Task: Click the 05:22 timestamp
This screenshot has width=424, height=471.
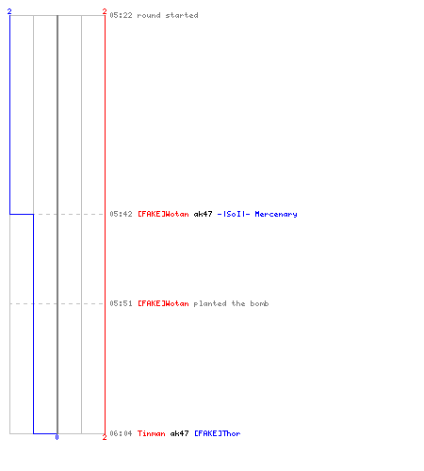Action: [121, 15]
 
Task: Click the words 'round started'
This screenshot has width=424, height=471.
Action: [168, 15]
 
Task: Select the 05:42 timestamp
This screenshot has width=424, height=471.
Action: [121, 214]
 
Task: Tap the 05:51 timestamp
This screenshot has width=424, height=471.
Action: [121, 303]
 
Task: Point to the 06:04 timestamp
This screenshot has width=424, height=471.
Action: [121, 433]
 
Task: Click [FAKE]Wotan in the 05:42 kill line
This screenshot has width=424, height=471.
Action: [163, 214]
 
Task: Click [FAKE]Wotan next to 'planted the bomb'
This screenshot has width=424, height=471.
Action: [163, 303]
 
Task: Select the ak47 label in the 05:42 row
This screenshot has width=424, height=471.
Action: [203, 214]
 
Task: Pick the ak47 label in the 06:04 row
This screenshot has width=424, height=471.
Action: [179, 433]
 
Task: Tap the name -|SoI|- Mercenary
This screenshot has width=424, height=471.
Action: [257, 214]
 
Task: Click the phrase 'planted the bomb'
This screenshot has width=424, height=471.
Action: [231, 303]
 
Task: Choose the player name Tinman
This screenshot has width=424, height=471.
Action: [152, 433]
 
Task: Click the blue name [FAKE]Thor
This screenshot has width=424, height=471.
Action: [218, 433]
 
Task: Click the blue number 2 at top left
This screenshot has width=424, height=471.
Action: [9, 11]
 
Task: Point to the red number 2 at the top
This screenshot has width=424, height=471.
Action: [105, 11]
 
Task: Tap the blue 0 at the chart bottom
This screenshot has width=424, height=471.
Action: [57, 437]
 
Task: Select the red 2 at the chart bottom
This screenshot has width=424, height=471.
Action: [105, 437]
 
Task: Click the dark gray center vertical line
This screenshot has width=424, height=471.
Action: [57, 224]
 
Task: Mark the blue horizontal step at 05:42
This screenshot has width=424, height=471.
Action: [22, 214]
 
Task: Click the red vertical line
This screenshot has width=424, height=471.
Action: [105, 224]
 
